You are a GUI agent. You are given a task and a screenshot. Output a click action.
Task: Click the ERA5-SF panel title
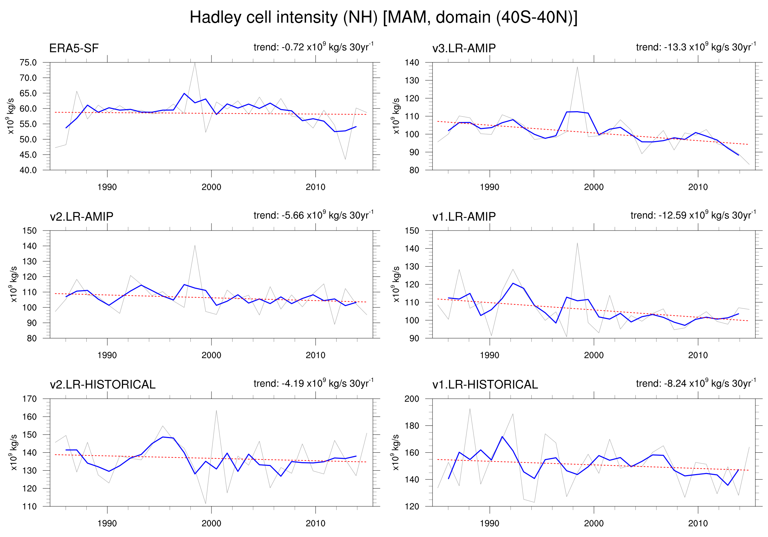coord(74,48)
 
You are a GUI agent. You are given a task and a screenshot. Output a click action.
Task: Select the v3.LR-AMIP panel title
coord(464,48)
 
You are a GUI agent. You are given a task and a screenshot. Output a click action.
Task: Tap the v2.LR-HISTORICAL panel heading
coord(102,385)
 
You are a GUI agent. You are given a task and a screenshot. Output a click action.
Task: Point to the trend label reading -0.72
coord(313,47)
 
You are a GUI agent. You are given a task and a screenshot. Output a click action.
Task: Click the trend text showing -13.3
coord(696,47)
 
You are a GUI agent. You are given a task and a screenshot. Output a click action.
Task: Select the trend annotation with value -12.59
coord(693,215)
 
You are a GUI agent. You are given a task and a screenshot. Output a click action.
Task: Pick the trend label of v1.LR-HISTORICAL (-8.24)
coord(696,383)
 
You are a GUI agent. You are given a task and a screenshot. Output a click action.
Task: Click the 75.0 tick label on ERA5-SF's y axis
coord(28,63)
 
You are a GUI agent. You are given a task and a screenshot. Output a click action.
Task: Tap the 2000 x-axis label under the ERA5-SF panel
coord(211,187)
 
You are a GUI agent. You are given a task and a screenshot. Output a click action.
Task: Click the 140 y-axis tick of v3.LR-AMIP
coord(412,63)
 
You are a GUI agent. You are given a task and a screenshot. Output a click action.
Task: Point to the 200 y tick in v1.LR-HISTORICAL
coord(412,399)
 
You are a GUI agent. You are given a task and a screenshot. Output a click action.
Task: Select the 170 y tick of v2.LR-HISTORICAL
coord(29,399)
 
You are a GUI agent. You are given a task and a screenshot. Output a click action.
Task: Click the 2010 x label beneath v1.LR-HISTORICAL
coord(698,523)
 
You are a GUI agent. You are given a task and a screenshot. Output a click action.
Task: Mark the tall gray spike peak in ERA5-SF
coord(195,63)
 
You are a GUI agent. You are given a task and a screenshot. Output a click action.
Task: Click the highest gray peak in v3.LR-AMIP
coord(577,67)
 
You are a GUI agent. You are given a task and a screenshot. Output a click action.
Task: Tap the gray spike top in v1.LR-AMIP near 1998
coord(577,243)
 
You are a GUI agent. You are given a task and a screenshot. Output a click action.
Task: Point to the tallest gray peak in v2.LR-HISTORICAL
coord(216,410)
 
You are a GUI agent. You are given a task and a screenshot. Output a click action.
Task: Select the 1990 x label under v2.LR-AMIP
coord(107,355)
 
